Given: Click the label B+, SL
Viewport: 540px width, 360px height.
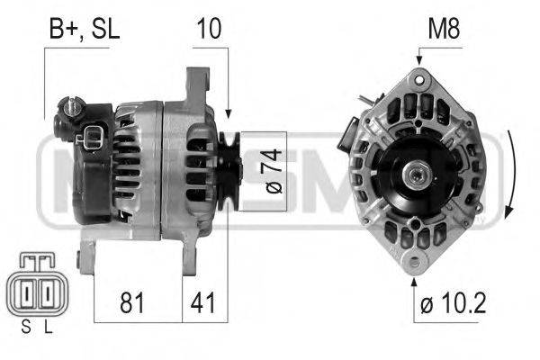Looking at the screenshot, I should pyautogui.click(x=83, y=29).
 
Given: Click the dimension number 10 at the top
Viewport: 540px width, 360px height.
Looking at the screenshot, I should pyautogui.click(x=207, y=29).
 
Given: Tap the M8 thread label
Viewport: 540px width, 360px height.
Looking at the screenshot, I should pyautogui.click(x=443, y=29).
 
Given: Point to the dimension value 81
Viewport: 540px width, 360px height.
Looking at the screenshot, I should pyautogui.click(x=133, y=302).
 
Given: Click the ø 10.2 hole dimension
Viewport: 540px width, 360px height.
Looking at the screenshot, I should pyautogui.click(x=453, y=304).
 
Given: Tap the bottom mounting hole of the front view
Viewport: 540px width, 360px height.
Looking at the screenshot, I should pyautogui.click(x=414, y=263).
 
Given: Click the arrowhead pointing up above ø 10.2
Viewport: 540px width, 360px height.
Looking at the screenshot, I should pyautogui.click(x=414, y=280).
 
